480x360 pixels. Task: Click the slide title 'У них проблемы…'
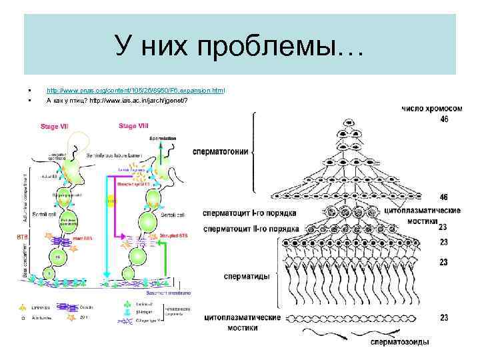click(x=239, y=46)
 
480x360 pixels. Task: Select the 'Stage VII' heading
click(x=55, y=125)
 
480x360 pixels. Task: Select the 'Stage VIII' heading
click(x=133, y=125)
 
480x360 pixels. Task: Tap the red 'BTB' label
click(x=21, y=235)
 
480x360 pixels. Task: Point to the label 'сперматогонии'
click(x=220, y=151)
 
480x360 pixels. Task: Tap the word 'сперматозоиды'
click(x=400, y=342)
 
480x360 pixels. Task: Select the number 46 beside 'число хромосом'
click(x=444, y=119)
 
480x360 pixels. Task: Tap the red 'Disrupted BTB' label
click(x=175, y=235)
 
